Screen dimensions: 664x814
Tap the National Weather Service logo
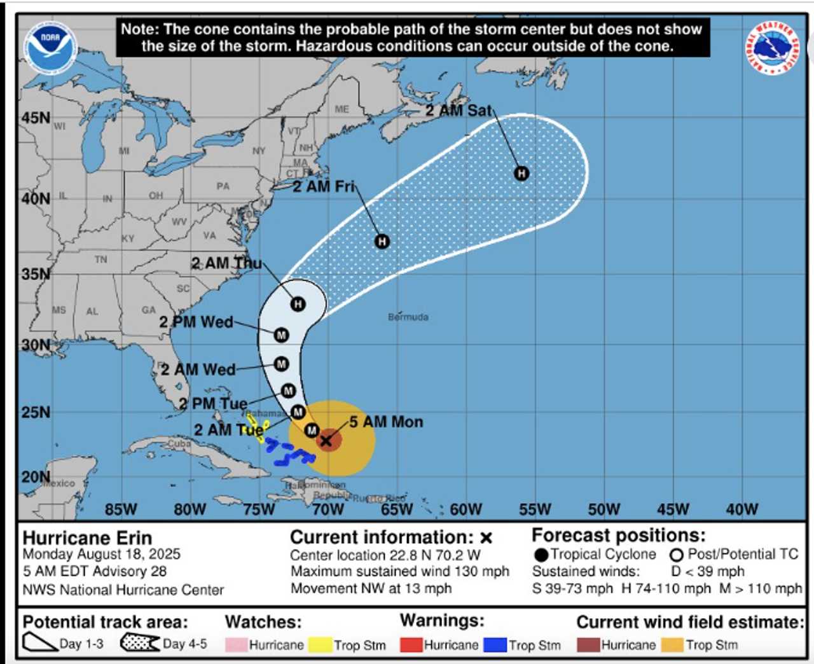tap(772, 48)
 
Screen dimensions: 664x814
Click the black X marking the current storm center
tap(326, 440)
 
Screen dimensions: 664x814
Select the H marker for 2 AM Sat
tap(521, 173)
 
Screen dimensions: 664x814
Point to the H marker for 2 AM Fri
tap(382, 241)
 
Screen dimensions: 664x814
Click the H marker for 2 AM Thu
tap(298, 304)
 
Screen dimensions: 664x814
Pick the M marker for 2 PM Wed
tap(281, 335)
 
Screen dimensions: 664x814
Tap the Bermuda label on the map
tap(408, 317)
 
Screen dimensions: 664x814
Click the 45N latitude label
tap(36, 118)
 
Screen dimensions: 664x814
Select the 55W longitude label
tap(535, 509)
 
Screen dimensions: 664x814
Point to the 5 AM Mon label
tap(386, 422)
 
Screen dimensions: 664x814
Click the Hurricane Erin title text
tap(87, 538)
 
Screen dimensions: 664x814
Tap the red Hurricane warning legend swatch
tap(411, 644)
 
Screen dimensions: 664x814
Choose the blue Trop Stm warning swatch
tap(495, 644)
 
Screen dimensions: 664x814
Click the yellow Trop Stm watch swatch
tap(321, 644)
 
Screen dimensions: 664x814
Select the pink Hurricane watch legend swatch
tap(236, 644)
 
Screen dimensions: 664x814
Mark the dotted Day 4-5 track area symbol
tap(140, 643)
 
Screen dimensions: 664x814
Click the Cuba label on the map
tap(179, 443)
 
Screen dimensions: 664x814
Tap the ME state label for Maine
tap(342, 109)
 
